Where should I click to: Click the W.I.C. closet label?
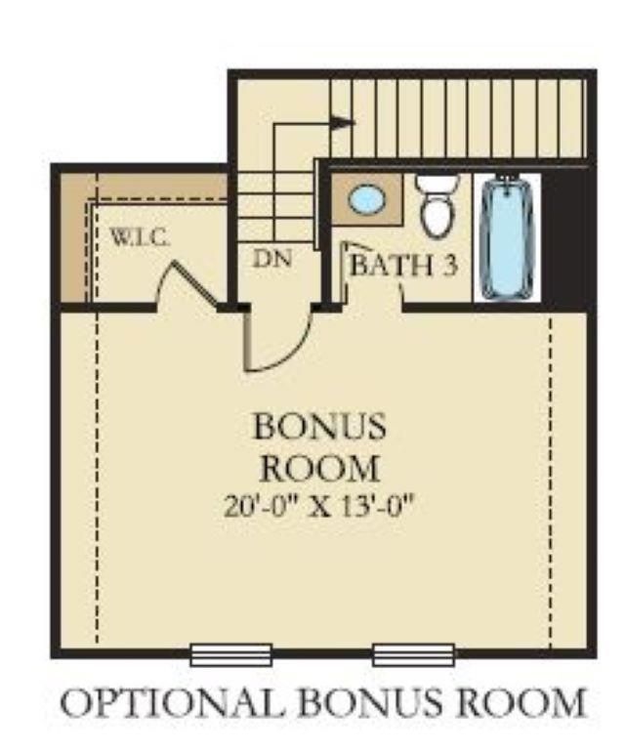point(141,236)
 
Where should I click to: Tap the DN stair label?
point(274,261)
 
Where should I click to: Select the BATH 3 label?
point(403,266)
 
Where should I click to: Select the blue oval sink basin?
point(367,200)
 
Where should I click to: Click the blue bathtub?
point(506,236)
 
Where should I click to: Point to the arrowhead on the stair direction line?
point(341,123)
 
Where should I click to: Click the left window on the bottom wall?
point(230,653)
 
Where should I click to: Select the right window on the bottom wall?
point(413,653)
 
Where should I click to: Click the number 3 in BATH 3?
point(448,266)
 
